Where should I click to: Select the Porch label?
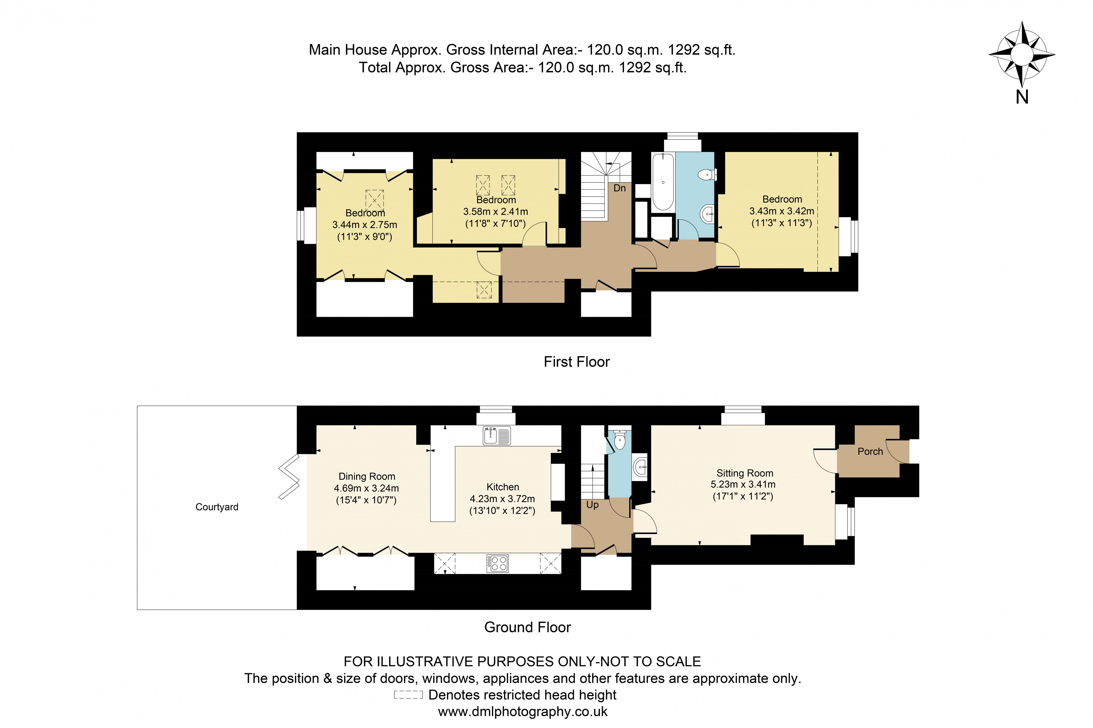870,451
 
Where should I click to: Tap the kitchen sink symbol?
496,435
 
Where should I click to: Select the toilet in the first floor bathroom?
707,175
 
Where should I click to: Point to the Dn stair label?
619,188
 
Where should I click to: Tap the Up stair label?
592,505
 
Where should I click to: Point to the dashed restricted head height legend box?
408,695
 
